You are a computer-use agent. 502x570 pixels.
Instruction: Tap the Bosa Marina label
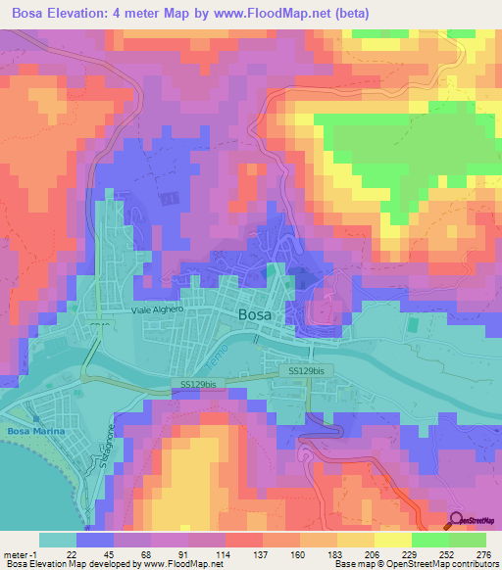(35, 432)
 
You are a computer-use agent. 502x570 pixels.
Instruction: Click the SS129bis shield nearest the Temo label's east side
(309, 372)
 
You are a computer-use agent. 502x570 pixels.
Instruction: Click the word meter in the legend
(16, 553)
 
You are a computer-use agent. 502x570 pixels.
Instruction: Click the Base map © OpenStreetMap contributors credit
(416, 564)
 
